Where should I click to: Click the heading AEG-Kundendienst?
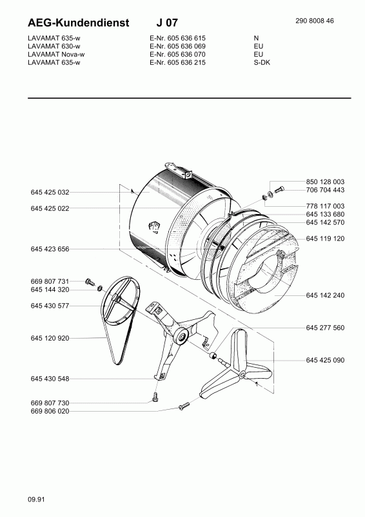78,23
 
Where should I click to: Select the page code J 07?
167,23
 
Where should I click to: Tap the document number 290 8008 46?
314,21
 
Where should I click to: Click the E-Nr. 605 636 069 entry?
177,46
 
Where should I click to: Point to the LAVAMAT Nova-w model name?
56,54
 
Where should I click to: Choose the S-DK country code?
262,62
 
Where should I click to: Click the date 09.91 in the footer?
36,500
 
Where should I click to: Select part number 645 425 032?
50,192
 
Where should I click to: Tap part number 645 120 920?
50,338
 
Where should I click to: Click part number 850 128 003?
325,182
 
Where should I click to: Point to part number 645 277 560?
325,328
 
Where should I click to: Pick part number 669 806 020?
50,411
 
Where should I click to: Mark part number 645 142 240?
325,295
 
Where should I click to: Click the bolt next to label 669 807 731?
90,282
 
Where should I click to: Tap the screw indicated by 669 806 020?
184,406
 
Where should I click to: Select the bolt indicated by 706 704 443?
279,189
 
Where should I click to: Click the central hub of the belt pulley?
115,298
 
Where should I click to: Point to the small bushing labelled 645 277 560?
213,356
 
